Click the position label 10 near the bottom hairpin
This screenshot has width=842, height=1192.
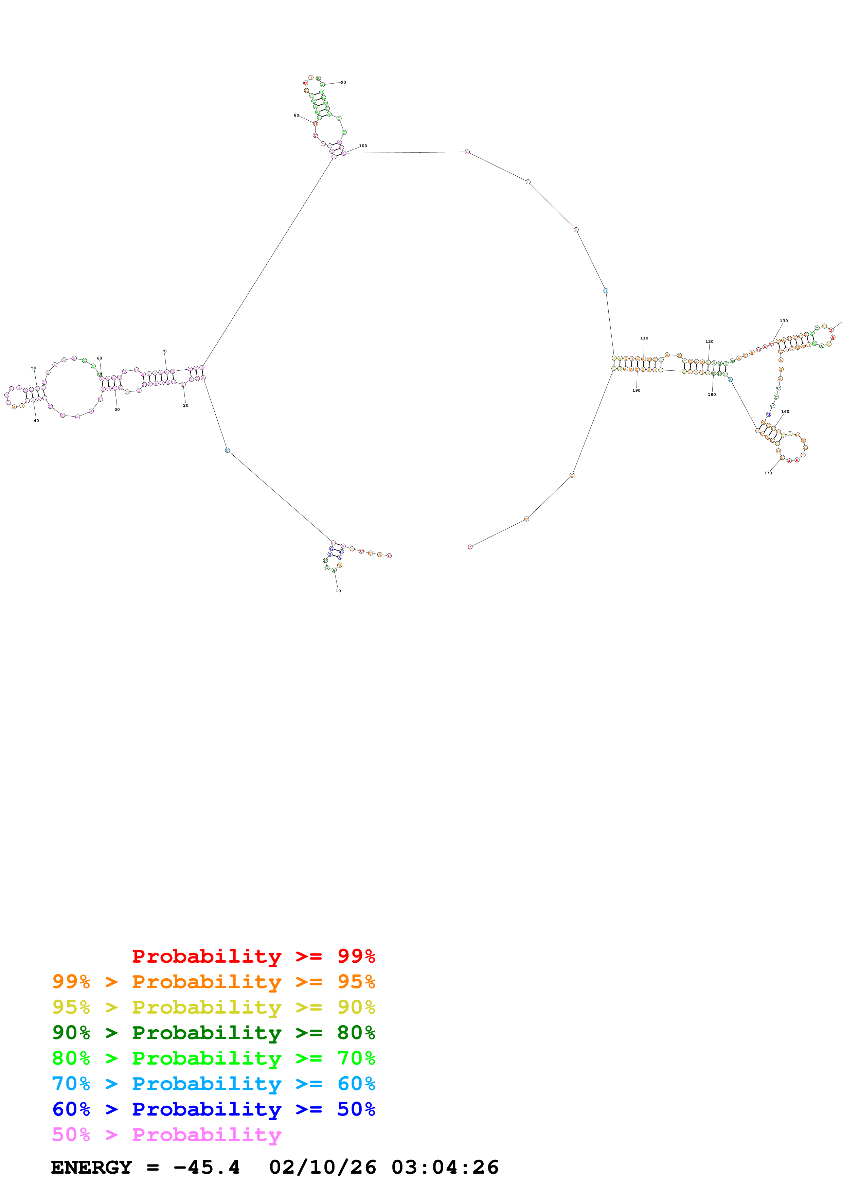click(x=338, y=591)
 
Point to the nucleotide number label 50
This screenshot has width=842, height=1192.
click(x=34, y=368)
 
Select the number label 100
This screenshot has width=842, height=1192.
click(x=363, y=146)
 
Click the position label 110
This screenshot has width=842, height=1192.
click(x=644, y=338)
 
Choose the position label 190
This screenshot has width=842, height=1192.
click(x=636, y=390)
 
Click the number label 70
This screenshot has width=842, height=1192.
click(x=164, y=351)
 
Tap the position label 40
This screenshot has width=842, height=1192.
click(x=36, y=421)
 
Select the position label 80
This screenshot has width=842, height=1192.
click(x=296, y=115)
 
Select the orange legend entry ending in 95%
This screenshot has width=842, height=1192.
click(x=213, y=982)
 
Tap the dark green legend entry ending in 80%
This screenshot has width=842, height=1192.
click(x=213, y=1033)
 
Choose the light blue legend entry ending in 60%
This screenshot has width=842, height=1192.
click(x=213, y=1084)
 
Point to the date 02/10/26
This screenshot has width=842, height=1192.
click(x=322, y=1167)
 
